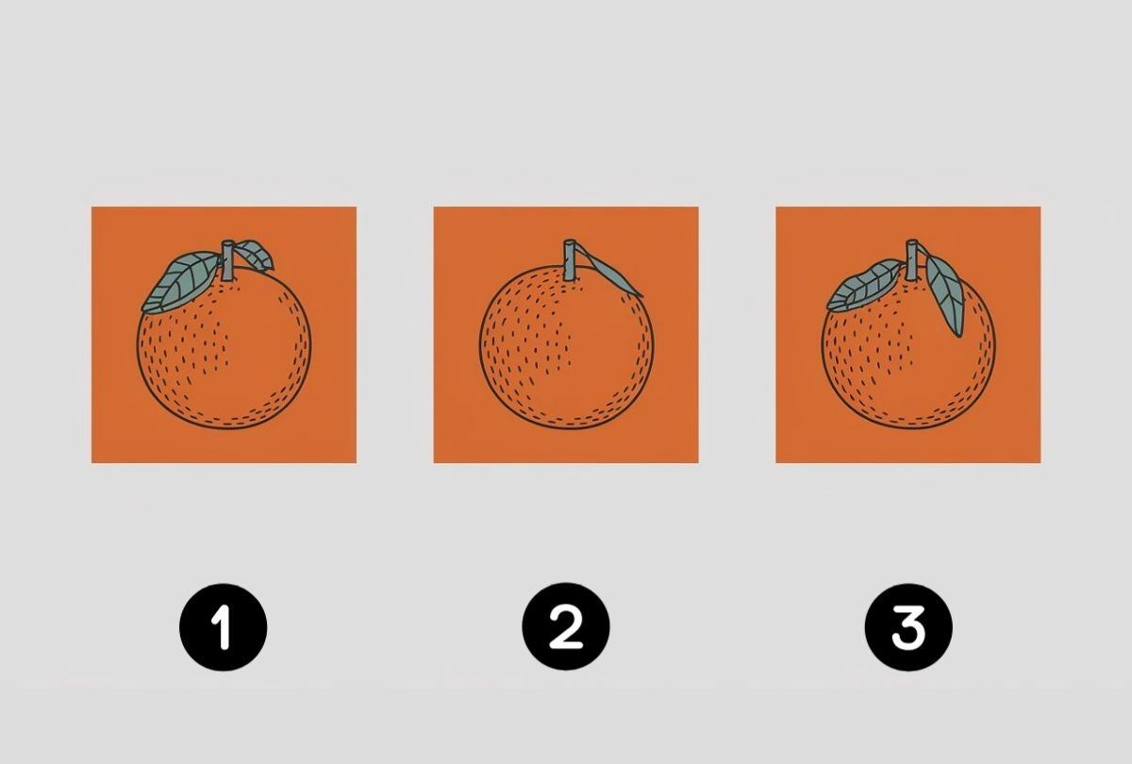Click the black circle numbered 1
224,627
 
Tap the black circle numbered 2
566,627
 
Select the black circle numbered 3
908,627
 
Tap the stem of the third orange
913,259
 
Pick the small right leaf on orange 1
254,254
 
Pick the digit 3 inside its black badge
908,627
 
